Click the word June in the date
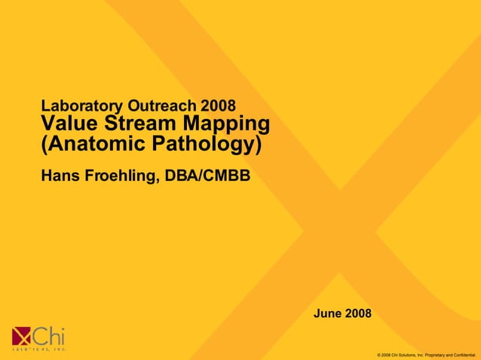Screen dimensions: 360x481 pos(327,313)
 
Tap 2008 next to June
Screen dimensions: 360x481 pos(358,313)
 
